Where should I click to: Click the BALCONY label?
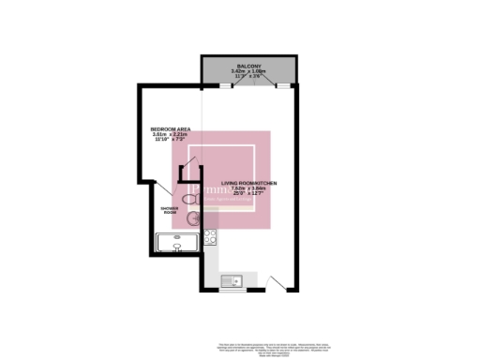pyautogui.click(x=248, y=65)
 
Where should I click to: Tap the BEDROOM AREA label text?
pyautogui.click(x=172, y=128)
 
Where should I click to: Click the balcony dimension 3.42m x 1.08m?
pyautogui.click(x=248, y=70)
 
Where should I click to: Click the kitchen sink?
pyautogui.click(x=232, y=278)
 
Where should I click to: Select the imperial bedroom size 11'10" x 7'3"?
pyautogui.click(x=172, y=140)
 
